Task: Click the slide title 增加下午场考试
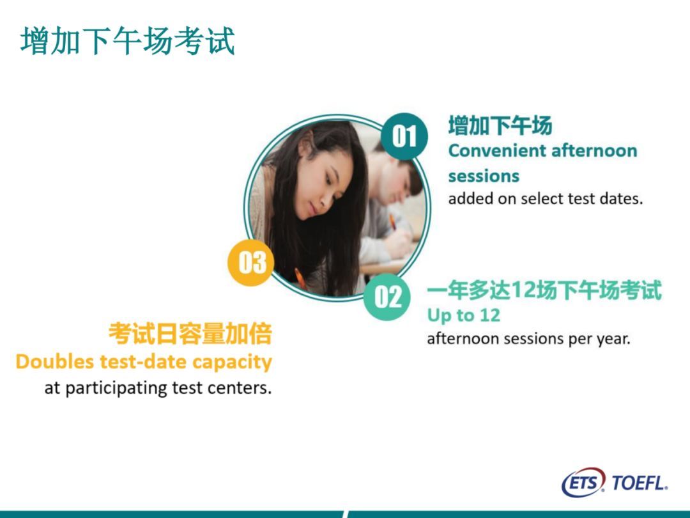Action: click(128, 40)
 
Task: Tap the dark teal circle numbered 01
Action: click(404, 136)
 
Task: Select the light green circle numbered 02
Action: click(387, 297)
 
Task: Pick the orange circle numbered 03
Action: click(251, 263)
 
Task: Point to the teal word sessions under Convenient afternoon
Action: click(484, 177)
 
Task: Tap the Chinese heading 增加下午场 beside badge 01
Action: click(500, 125)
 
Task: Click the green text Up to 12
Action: click(463, 315)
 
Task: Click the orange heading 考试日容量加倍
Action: click(190, 333)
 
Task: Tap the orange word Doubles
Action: click(55, 361)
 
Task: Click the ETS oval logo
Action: click(583, 482)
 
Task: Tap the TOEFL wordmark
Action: click(640, 483)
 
